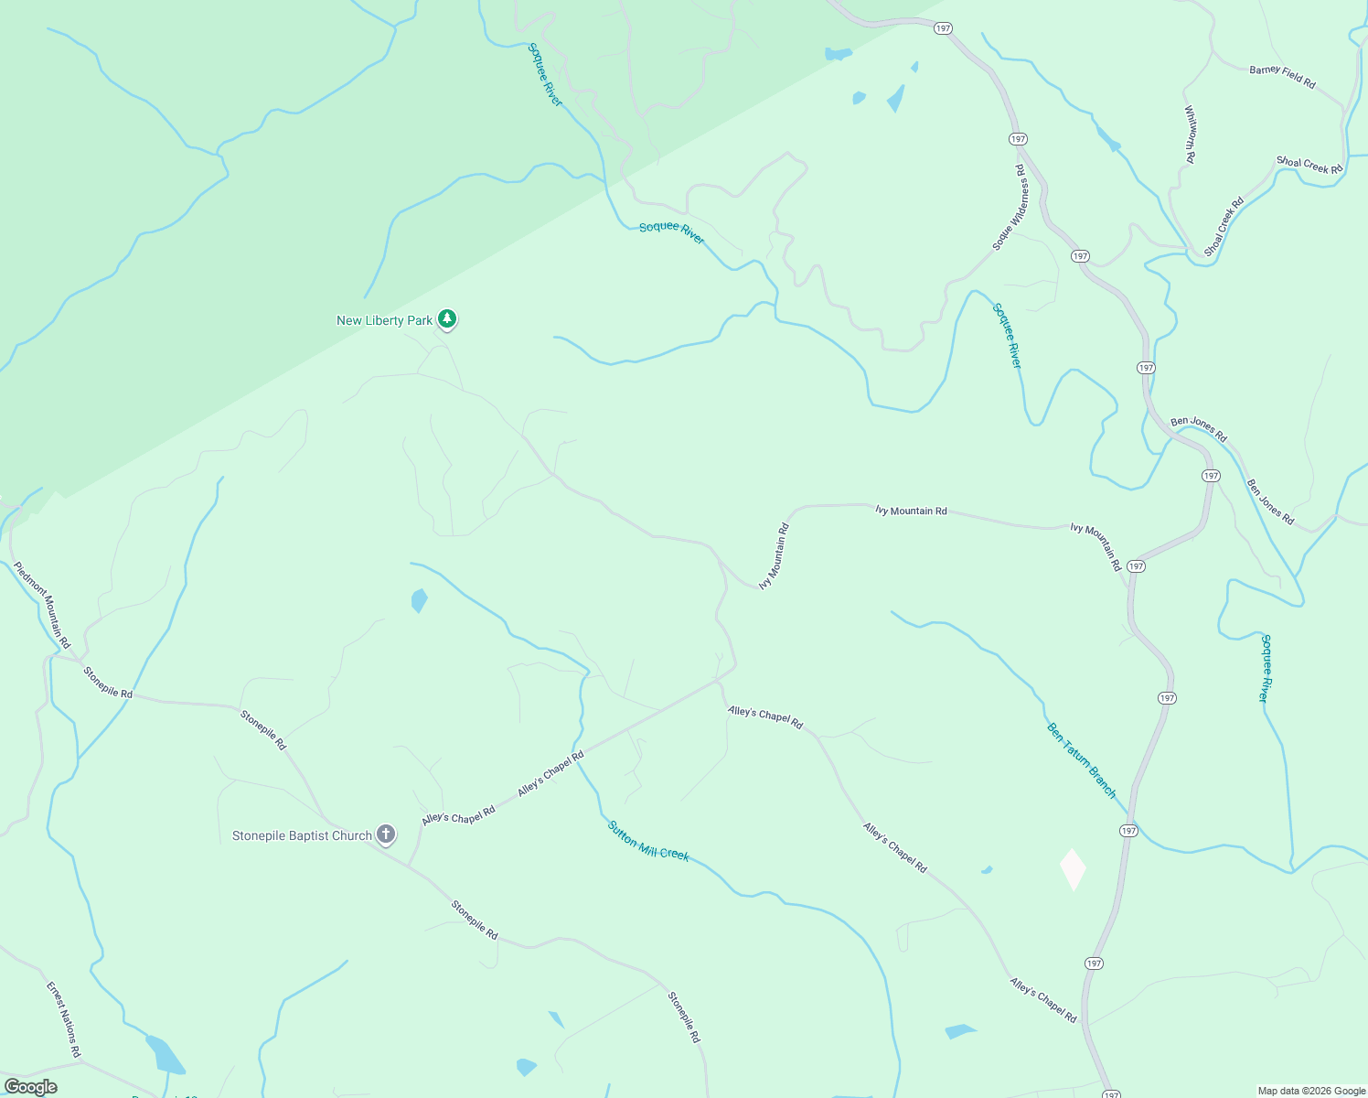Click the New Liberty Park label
(384, 320)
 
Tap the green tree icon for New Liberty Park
(447, 319)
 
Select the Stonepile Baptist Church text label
(302, 835)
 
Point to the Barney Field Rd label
(1282, 76)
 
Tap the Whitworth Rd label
(1190, 135)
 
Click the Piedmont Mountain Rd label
(42, 605)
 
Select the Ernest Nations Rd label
(64, 1020)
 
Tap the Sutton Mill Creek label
(648, 841)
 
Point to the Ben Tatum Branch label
(1082, 760)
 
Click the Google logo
(30, 1087)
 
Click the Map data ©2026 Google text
(1311, 1091)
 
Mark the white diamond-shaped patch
(1073, 869)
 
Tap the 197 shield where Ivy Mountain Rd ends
(1136, 566)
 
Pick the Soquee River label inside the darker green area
(545, 75)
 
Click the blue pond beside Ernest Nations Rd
(164, 1055)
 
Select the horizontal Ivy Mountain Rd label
(911, 511)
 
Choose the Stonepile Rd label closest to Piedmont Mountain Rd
(108, 683)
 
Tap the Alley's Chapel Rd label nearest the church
(458, 814)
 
